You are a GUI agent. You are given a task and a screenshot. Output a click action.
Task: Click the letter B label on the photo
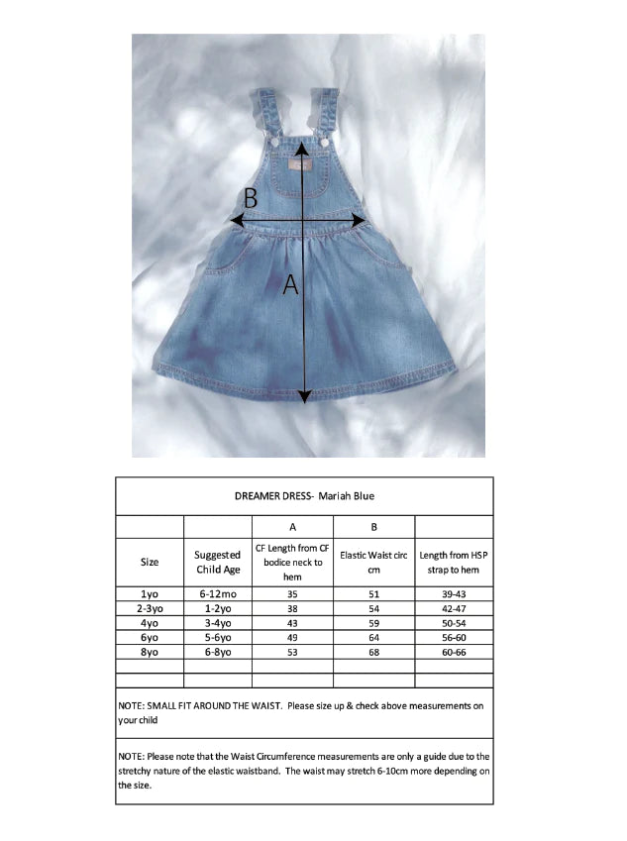251,198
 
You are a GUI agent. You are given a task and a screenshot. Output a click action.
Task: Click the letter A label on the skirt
290,285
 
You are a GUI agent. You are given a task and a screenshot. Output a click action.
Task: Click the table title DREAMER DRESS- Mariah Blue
304,495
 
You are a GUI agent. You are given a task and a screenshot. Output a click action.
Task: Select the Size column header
150,562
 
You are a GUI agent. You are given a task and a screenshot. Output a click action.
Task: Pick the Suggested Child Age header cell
218,562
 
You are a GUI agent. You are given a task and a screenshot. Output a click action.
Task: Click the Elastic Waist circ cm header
373,562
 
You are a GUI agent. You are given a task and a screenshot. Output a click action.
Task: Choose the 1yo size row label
150,592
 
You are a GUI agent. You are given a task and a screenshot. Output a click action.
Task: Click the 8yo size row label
150,653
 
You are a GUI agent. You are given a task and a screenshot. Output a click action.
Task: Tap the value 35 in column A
292,592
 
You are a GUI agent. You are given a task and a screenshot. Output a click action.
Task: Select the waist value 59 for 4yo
373,623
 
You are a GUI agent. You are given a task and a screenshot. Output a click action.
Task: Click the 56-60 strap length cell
454,638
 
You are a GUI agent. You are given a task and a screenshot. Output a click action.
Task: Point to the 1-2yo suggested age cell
218,607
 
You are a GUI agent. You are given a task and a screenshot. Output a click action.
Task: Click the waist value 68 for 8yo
373,653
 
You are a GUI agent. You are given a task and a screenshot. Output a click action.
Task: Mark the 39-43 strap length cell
454,592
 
